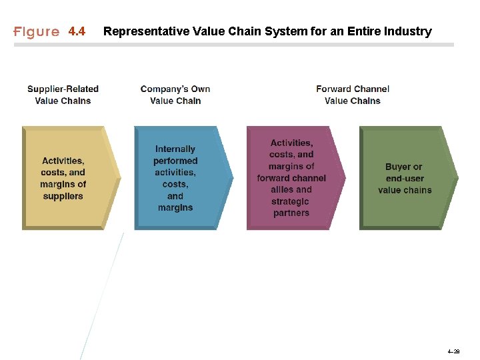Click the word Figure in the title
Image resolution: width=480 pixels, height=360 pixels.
[37, 32]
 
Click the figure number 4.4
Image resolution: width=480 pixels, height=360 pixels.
[77, 32]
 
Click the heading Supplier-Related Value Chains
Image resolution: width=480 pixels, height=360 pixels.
[63, 95]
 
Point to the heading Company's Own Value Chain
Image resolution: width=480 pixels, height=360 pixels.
[175, 95]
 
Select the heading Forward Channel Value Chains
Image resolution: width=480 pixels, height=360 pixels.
[353, 95]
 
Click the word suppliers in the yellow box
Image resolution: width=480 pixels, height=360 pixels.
[63, 196]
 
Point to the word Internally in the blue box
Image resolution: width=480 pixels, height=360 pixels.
[175, 149]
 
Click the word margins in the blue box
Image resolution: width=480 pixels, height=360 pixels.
[175, 208]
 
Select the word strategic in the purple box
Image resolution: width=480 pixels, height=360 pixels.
[291, 201]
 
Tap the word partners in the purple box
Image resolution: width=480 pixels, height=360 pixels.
[291, 213]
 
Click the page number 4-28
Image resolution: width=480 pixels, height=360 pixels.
[453, 351]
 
